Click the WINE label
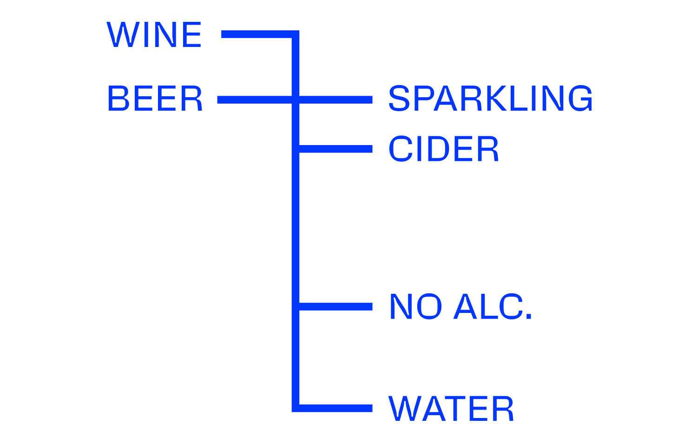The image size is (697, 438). pos(154,34)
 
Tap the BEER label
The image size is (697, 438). pos(155,99)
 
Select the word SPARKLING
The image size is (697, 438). pos(490,99)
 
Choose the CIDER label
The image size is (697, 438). pos(443,149)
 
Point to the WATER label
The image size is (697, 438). pos(451,409)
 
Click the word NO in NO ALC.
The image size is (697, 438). pos(415,307)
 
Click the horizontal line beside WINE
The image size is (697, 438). pos(256,34)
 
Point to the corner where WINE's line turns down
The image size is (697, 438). pos(296,34)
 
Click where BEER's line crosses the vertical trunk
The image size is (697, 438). pos(296,100)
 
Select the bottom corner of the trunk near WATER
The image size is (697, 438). pos(296,408)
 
